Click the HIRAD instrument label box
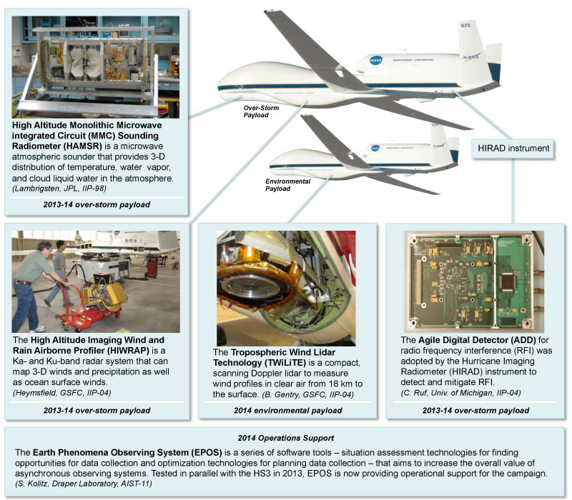[513, 149]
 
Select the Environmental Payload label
[287, 185]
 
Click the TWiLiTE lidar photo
[286, 288]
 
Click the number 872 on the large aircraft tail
[465, 26]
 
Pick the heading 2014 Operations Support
[286, 436]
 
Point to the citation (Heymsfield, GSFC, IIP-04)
[62, 392]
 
